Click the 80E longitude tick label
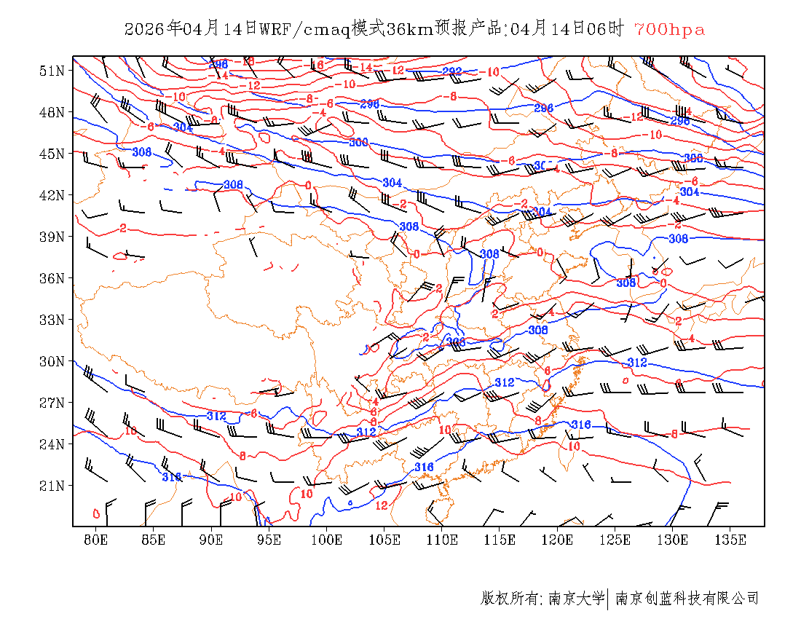click(x=95, y=540)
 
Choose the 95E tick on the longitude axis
click(x=269, y=540)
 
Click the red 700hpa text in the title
click(x=669, y=30)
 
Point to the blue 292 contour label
click(x=452, y=71)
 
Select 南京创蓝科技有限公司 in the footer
click(x=687, y=599)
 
